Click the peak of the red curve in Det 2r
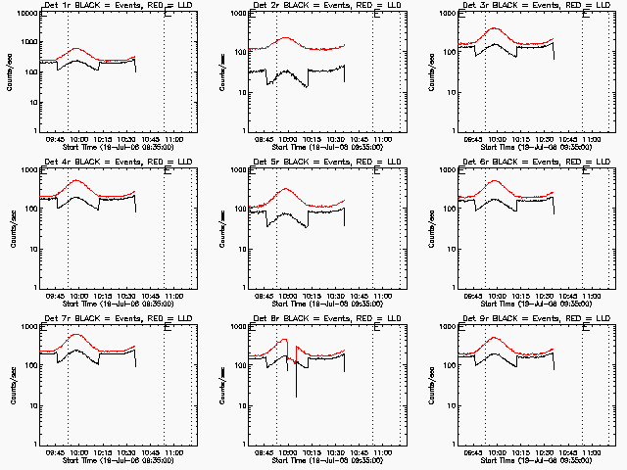click(x=285, y=38)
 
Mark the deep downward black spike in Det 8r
click(x=297, y=396)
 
